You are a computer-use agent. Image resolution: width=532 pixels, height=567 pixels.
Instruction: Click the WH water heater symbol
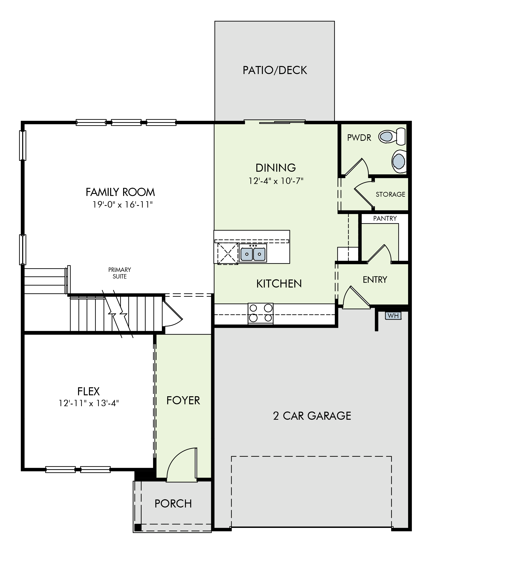click(393, 316)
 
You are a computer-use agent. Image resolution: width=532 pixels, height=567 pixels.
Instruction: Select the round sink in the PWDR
click(399, 161)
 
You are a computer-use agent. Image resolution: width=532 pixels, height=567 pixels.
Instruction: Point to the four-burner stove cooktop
click(261, 313)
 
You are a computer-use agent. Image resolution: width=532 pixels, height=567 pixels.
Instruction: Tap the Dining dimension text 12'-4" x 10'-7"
click(276, 181)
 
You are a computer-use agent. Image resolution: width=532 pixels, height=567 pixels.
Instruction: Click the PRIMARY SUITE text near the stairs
click(119, 273)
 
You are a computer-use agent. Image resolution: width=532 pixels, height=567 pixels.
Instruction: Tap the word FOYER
click(183, 400)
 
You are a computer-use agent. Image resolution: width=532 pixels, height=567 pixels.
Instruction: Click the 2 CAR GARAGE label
click(312, 416)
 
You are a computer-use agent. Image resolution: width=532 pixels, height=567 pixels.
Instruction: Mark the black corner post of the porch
click(138, 527)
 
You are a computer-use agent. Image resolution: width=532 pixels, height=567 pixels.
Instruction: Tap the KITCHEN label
click(279, 283)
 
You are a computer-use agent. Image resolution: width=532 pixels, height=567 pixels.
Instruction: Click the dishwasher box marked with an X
click(228, 253)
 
